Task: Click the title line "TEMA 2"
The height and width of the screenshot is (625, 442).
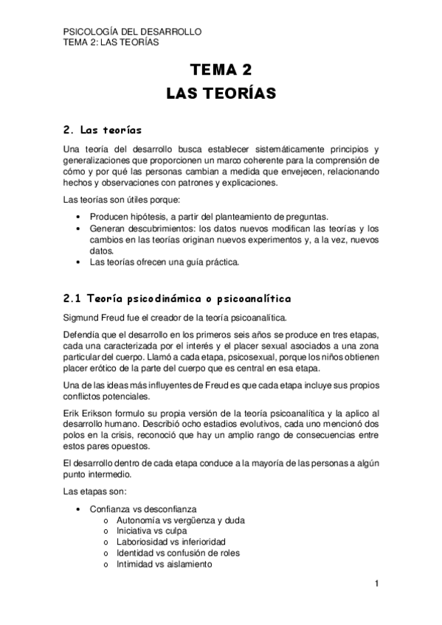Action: (x=221, y=70)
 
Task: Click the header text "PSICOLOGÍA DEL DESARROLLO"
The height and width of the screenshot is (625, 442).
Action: (x=133, y=32)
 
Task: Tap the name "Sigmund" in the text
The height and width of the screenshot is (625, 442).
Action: (x=81, y=318)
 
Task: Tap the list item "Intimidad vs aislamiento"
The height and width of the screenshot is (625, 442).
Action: (x=164, y=564)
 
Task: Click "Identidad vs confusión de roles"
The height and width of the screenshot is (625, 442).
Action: (x=178, y=553)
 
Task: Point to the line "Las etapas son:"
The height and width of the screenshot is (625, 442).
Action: (x=96, y=491)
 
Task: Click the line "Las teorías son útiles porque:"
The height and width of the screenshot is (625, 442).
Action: (x=122, y=200)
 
